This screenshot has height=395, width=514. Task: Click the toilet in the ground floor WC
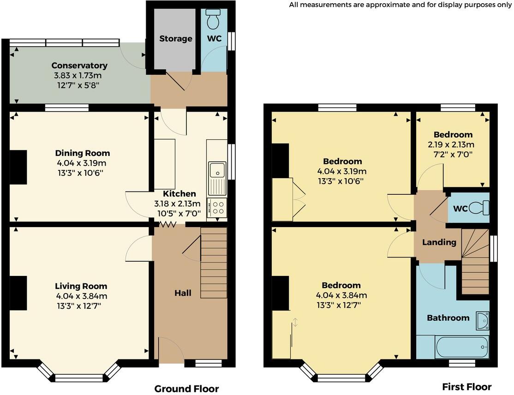(214, 20)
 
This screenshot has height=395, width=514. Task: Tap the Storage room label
(176, 38)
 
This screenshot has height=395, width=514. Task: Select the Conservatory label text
(79, 66)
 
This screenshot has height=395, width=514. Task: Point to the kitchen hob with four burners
(217, 208)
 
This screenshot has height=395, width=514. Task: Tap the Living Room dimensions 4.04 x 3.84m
(81, 296)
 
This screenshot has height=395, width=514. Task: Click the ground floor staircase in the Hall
(214, 265)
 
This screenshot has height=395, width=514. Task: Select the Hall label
(183, 293)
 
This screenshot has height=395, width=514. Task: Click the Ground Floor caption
(186, 389)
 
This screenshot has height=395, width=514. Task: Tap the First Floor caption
(466, 387)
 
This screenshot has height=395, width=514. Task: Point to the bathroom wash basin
(482, 320)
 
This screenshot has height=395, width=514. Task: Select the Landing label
(439, 242)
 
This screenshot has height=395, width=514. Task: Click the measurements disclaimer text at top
(400, 5)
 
